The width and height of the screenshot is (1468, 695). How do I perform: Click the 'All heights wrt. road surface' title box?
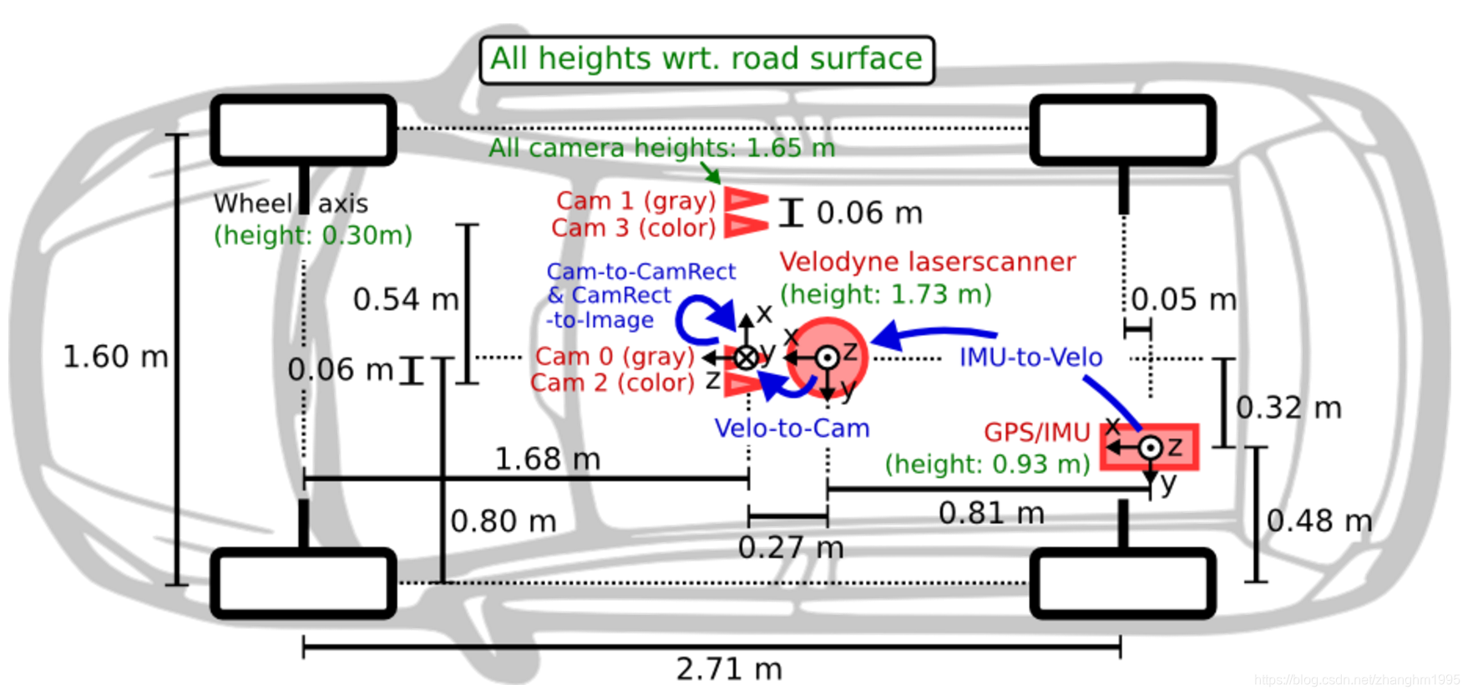click(x=706, y=59)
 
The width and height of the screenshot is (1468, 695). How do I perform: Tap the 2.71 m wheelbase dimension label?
click(x=729, y=669)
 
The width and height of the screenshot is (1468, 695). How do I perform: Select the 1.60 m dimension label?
click(x=115, y=357)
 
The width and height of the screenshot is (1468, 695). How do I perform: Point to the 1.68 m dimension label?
click(x=547, y=459)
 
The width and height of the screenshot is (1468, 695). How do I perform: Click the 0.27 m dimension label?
click(x=791, y=548)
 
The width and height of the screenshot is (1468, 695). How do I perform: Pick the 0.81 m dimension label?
click(x=991, y=513)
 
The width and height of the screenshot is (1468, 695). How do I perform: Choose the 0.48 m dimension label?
click(x=1319, y=520)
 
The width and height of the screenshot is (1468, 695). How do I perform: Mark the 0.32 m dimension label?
click(x=1288, y=408)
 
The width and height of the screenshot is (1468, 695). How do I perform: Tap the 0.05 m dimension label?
click(x=1184, y=299)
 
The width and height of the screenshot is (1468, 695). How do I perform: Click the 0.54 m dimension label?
click(x=406, y=299)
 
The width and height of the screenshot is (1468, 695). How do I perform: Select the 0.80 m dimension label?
click(x=503, y=521)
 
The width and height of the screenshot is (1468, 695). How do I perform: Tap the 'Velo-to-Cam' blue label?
click(x=792, y=429)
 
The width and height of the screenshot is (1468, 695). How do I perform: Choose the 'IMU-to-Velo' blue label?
click(x=1030, y=358)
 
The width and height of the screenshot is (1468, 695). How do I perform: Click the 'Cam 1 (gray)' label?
click(x=636, y=201)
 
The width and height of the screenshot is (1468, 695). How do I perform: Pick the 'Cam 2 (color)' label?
click(x=612, y=383)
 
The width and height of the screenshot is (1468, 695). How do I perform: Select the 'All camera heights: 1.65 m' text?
click(x=661, y=148)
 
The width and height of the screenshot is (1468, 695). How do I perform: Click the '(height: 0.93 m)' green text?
click(x=988, y=464)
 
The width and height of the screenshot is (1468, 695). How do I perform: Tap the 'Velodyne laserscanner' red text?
click(x=928, y=261)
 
